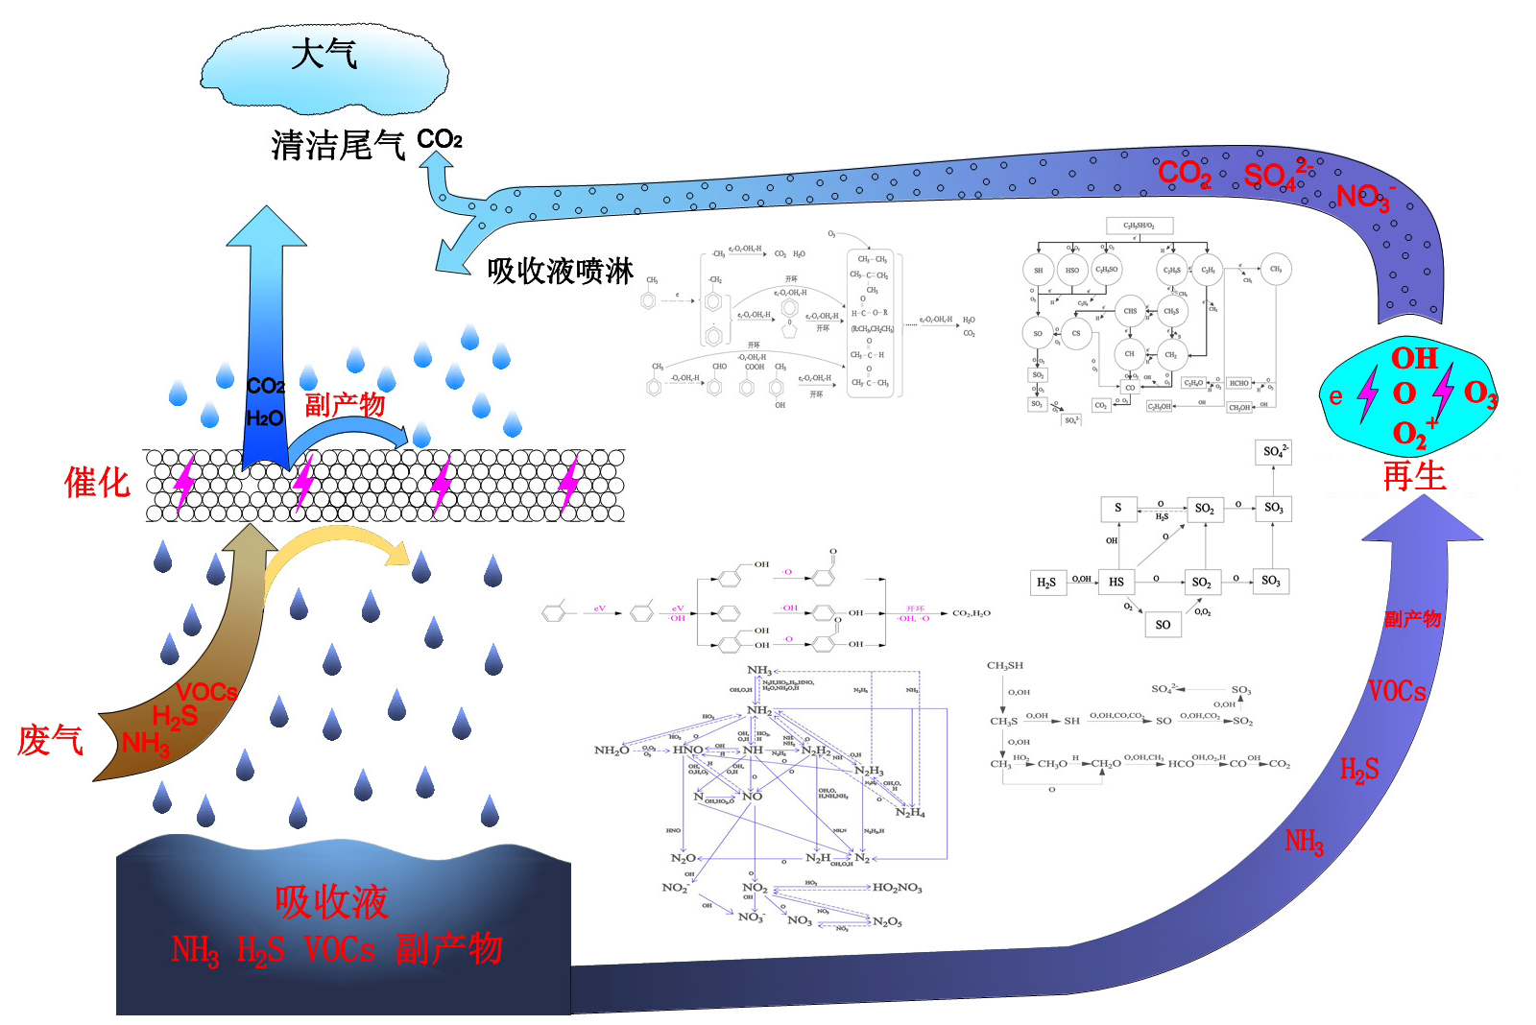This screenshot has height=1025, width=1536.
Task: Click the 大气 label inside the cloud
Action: point(324,54)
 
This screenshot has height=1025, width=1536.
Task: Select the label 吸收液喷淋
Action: point(560,272)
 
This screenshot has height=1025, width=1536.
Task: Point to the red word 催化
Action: point(96,483)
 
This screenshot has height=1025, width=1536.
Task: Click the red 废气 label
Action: point(50,741)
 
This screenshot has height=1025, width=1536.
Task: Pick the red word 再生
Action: point(1413,476)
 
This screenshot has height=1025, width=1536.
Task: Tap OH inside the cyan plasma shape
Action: point(1414,359)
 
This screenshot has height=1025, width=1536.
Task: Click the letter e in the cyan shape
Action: point(1335,396)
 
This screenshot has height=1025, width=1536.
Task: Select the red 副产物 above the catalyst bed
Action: point(345,405)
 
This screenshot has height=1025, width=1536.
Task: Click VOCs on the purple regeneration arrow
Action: point(1397,691)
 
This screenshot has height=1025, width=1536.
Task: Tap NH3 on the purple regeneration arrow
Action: point(1304,843)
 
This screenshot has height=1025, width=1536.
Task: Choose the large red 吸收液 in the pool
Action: point(331,902)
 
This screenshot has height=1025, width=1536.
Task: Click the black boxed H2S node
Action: point(1046,583)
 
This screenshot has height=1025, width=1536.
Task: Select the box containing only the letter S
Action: point(1117,508)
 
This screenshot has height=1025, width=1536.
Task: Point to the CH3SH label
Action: point(1004,665)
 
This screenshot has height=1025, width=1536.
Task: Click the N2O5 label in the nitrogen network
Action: point(887,922)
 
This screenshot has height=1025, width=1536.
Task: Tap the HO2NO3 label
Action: point(897,888)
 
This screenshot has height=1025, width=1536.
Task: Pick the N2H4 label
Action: point(910,813)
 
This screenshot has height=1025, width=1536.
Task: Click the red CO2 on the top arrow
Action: point(1184,174)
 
